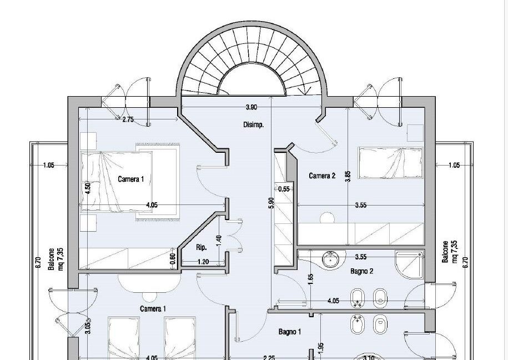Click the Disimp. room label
pos(253,124)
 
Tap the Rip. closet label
pos(202,247)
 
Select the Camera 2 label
pos(322,176)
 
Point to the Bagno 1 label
pos(290,332)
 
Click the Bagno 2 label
pos(361,271)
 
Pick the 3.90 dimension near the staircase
pos(252,107)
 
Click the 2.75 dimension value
pos(128,119)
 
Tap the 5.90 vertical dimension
pos(271,203)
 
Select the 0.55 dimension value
pos(284,189)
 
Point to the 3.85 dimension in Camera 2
pos(348,177)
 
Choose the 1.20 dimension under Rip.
pos(203,262)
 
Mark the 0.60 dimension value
pos(173,258)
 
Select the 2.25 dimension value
pos(269,358)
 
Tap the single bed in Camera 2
pos(390,163)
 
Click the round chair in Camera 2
pos(327,218)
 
